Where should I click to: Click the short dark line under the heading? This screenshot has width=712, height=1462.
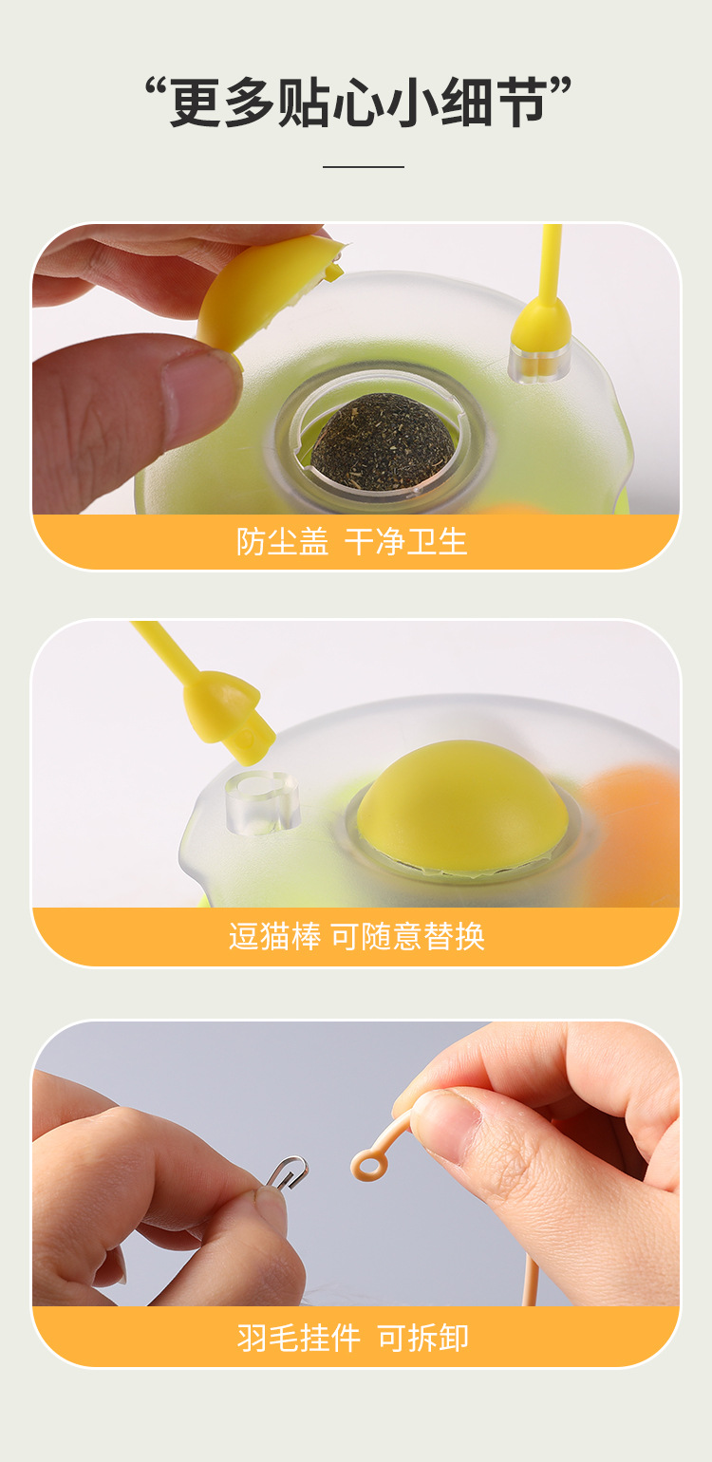point(363,167)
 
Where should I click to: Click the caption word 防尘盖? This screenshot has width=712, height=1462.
point(282,542)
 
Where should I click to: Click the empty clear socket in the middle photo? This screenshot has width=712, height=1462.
point(262,801)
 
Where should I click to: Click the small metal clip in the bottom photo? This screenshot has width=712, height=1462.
point(286,1171)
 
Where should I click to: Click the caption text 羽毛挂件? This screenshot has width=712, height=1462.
point(298,1339)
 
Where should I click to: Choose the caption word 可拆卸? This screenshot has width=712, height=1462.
point(423,1339)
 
